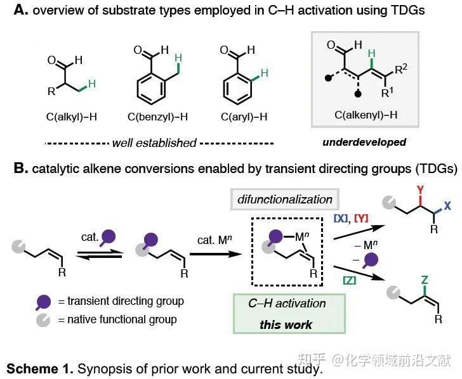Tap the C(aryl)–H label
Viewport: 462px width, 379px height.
pos(244,117)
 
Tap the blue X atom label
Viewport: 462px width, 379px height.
pos(447,207)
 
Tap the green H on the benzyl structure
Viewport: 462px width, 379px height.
pos(179,58)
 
